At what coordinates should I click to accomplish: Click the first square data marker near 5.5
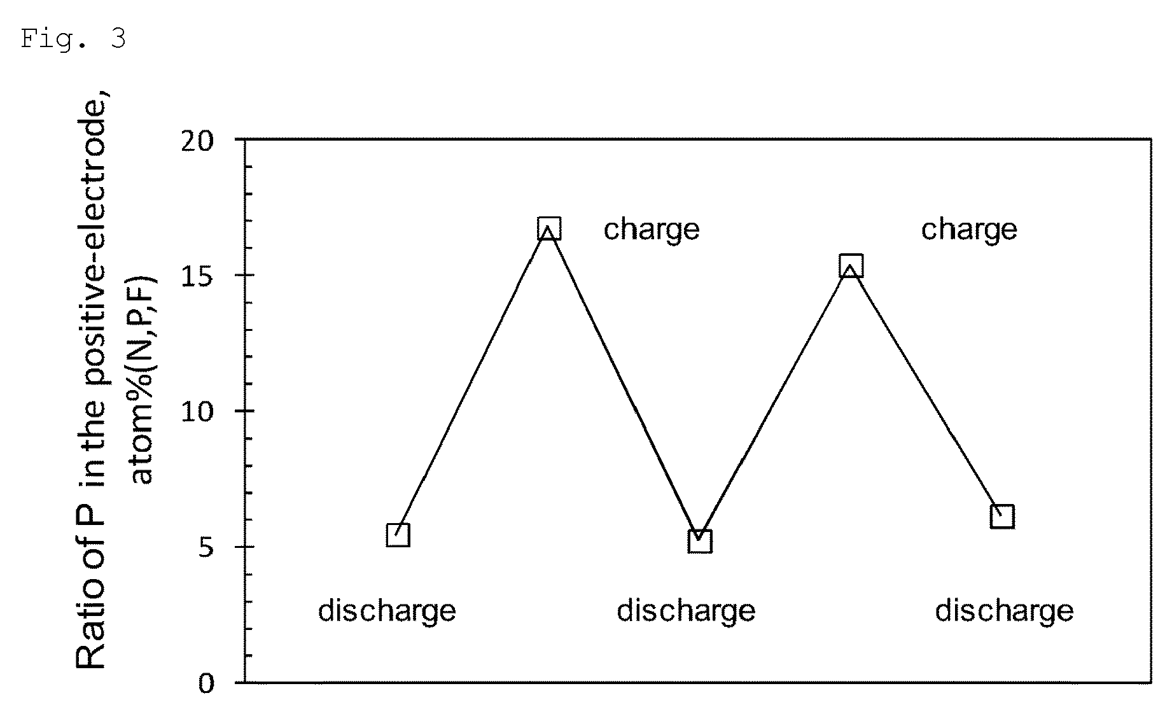coord(398,535)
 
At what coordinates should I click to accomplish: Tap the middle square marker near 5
coord(700,541)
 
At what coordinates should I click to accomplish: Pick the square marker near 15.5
coord(851,266)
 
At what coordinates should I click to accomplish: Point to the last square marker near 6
coord(1002,516)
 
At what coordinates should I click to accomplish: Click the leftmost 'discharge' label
coord(387,611)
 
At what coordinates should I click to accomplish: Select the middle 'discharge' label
coord(686,611)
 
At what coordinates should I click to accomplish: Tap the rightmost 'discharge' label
coord(1004,611)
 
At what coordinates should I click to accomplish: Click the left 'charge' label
coord(652,229)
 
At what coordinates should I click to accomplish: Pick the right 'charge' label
coord(969,229)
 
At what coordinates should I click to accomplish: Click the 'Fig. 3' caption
coord(73,39)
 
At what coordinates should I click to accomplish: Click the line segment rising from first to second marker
coord(473,382)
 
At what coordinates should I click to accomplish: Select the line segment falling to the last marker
coord(926,391)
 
